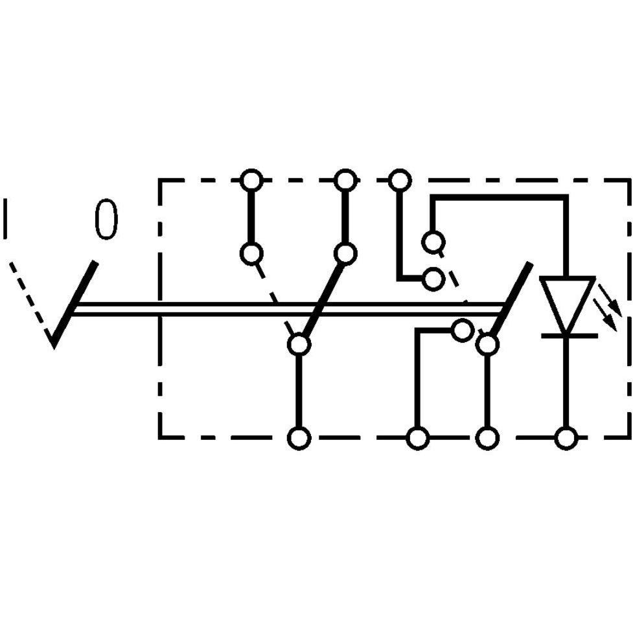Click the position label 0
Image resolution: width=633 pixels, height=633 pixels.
pyautogui.click(x=106, y=219)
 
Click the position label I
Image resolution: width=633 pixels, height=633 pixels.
pyautogui.click(x=5, y=218)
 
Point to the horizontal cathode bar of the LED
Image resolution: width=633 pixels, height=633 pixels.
pyautogui.click(x=570, y=336)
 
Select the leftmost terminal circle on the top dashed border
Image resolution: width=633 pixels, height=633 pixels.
pyautogui.click(x=251, y=181)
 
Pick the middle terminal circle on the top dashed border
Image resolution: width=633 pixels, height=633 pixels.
pyautogui.click(x=345, y=181)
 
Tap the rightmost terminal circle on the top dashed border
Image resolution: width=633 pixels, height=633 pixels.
pyautogui.click(x=400, y=181)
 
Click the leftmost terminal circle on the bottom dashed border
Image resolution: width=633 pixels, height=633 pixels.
pyautogui.click(x=299, y=437)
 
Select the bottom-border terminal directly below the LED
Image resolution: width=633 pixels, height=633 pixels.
pyautogui.click(x=566, y=437)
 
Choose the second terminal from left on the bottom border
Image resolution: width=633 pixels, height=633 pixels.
pyautogui.click(x=417, y=437)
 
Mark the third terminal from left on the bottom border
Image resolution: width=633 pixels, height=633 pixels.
pyautogui.click(x=488, y=437)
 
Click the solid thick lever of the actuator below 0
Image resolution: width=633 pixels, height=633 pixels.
pyautogui.click(x=74, y=304)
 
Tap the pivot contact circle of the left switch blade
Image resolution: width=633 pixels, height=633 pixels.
pyautogui.click(x=299, y=344)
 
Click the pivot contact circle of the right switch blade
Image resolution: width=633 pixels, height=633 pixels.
pyautogui.click(x=488, y=344)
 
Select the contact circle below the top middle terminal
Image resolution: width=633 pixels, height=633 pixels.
pyautogui.click(x=345, y=253)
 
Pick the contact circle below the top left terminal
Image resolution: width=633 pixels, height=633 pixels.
pyautogui.click(x=251, y=253)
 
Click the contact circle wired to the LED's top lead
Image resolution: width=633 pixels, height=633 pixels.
pyautogui.click(x=433, y=242)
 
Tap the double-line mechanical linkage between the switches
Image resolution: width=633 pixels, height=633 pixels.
pyautogui.click(x=289, y=309)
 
